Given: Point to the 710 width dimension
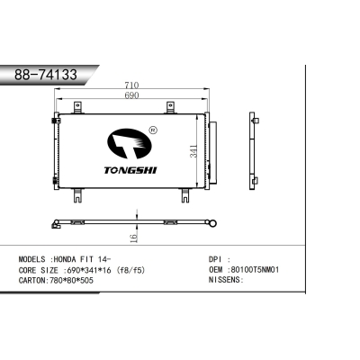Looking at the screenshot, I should (x=131, y=87).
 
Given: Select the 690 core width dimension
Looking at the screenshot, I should (x=131, y=96).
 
